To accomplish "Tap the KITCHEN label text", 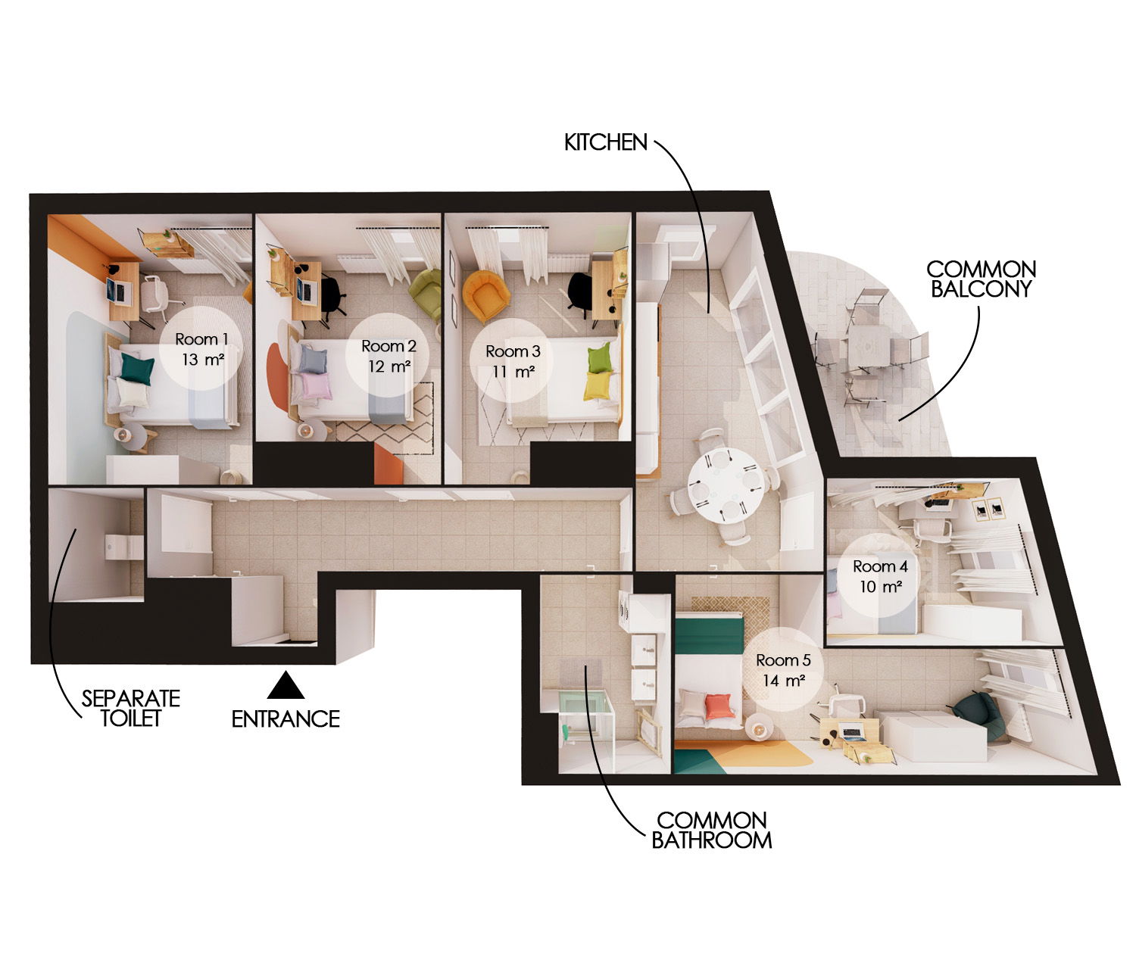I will coord(605,142).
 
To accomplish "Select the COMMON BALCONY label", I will coord(981,279).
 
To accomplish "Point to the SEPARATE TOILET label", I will coord(131,708).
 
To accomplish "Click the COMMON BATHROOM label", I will coord(711,830).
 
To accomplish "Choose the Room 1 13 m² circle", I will coord(201,349).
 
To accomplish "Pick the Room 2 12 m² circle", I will coord(389,356).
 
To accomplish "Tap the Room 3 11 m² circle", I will coord(513,360).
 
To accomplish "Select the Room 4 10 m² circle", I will coord(879,575).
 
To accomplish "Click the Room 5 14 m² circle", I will coord(782,669).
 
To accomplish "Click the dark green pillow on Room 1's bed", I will coord(137,369).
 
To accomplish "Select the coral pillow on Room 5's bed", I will coord(717,706).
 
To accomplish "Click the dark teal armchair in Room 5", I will coord(976,712).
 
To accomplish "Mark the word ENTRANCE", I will coord(286,719).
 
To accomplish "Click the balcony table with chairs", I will coord(869,348).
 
